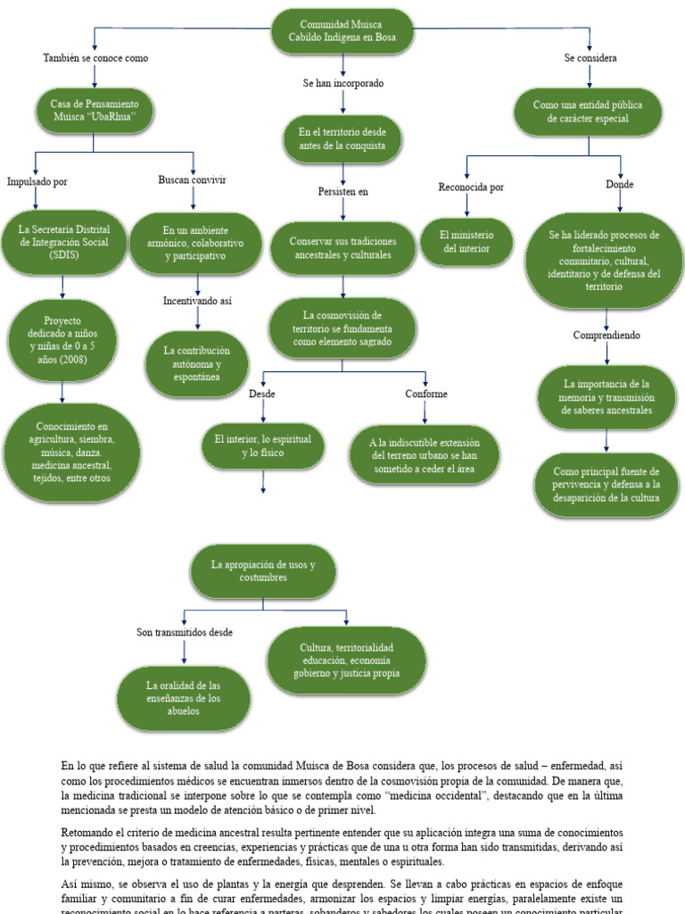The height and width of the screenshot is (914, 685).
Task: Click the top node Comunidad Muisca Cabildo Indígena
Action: click(343, 32)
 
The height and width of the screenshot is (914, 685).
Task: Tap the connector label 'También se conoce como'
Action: click(95, 58)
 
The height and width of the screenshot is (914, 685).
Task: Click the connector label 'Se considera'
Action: click(590, 58)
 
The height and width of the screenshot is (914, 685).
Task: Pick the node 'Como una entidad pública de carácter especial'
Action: click(587, 112)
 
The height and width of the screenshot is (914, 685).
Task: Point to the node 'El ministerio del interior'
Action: click(466, 241)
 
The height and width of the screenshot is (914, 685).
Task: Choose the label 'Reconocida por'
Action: click(471, 187)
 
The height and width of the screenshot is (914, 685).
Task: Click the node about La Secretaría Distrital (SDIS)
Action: click(63, 243)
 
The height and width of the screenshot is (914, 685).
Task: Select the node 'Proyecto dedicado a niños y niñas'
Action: click(62, 335)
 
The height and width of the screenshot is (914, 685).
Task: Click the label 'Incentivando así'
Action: click(197, 301)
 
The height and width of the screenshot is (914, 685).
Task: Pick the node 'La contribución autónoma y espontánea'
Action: click(198, 364)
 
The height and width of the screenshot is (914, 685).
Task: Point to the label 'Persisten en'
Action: click(343, 191)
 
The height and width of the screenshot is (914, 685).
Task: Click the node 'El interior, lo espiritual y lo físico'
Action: click(262, 446)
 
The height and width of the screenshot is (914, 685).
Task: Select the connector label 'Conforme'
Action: click(426, 394)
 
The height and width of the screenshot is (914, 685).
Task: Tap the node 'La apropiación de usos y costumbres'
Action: click(262, 570)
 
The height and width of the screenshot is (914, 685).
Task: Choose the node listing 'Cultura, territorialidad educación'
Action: click(347, 660)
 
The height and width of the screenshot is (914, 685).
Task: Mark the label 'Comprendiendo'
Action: click(607, 336)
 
